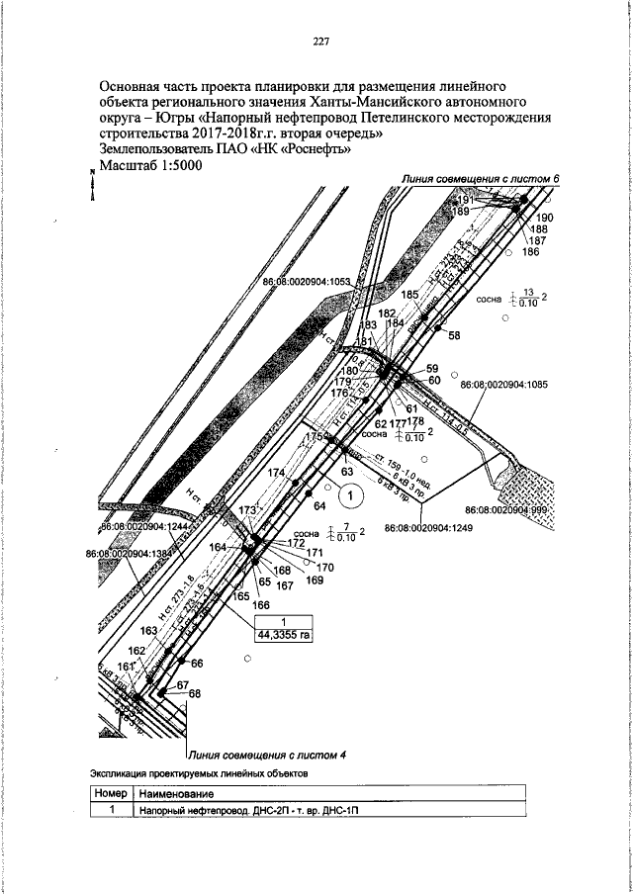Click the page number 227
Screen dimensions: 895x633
point(319,42)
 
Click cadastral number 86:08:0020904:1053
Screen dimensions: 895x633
point(308,281)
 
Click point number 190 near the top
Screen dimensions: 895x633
point(546,218)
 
